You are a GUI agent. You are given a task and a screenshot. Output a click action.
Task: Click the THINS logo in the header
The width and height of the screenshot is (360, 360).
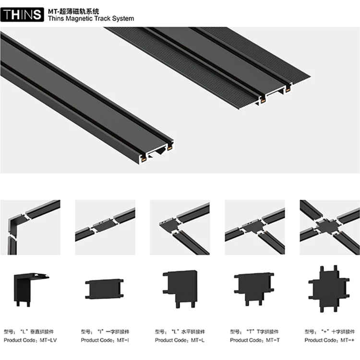click(22, 14)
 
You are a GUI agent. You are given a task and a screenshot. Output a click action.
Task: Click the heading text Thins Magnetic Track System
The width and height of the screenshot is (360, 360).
click(91, 19)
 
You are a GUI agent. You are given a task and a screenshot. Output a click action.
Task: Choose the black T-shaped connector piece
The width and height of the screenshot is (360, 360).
click(255, 288)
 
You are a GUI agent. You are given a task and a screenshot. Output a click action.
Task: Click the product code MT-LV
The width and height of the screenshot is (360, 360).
click(29, 340)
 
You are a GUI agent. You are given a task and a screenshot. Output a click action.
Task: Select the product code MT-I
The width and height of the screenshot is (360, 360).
click(104, 340)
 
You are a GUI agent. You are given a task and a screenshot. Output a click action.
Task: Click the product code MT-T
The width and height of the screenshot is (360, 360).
click(254, 340)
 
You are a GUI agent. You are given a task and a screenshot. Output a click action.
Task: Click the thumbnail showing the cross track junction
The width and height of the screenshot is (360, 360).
click(329, 227)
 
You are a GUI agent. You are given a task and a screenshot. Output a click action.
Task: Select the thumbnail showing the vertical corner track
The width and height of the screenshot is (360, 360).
click(30, 227)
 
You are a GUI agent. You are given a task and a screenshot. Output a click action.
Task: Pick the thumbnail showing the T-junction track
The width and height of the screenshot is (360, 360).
click(254, 227)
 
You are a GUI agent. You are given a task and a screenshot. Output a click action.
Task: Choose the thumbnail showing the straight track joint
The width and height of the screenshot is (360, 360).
click(105, 227)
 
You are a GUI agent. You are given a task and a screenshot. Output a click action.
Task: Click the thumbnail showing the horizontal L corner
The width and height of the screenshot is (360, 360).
click(180, 227)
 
